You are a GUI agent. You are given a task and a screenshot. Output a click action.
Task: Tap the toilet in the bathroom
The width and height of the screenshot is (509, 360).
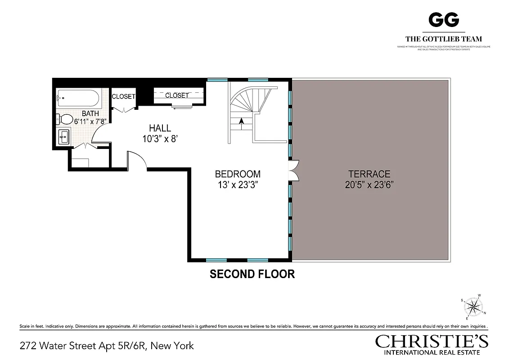click(65, 119)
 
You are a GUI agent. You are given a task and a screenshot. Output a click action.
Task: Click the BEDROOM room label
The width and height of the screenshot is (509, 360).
click(238, 174)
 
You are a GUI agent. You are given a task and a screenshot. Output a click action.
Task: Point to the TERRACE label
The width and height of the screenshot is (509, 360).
click(369, 174)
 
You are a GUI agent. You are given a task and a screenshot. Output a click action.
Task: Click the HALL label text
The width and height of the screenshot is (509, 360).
click(160, 129)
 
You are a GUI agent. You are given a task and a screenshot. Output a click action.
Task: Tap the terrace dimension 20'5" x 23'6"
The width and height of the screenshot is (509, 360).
click(369, 185)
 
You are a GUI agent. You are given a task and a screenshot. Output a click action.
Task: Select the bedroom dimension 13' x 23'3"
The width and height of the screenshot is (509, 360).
click(238, 185)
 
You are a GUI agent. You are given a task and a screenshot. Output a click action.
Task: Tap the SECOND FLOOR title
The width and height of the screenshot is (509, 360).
click(252, 274)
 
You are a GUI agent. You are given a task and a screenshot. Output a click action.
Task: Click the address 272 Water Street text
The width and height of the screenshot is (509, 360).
click(107, 346)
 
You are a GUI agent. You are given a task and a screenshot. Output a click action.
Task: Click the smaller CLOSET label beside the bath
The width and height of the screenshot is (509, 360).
click(123, 96)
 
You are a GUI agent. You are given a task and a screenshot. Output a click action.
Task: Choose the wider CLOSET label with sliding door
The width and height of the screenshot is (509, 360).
click(177, 95)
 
